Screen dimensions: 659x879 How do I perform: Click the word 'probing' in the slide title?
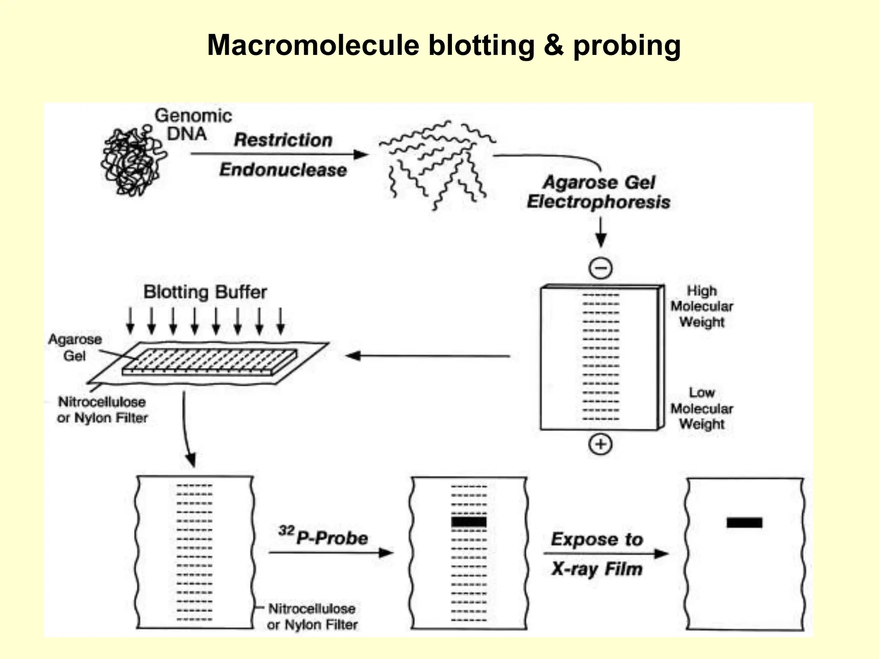pyautogui.click(x=627, y=45)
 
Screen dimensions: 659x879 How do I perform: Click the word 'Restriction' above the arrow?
pyautogui.click(x=283, y=140)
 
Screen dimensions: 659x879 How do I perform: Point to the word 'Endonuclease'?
pyautogui.click(x=283, y=170)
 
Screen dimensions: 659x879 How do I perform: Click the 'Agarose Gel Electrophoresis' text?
pyautogui.click(x=598, y=192)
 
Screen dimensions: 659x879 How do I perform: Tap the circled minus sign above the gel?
pyautogui.click(x=600, y=268)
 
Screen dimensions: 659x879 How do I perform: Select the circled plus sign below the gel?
pyautogui.click(x=600, y=444)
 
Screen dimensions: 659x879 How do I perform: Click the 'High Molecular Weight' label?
pyautogui.click(x=701, y=306)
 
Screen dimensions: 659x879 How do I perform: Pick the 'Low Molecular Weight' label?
pyautogui.click(x=701, y=408)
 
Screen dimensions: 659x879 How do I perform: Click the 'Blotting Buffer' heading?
pyautogui.click(x=205, y=292)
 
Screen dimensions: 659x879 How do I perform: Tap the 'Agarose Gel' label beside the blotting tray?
pyautogui.click(x=75, y=347)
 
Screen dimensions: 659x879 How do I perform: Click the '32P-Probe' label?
pyautogui.click(x=324, y=537)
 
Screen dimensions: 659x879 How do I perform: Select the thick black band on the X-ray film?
pyautogui.click(x=744, y=522)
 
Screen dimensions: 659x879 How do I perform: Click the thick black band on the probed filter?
pyautogui.click(x=469, y=522)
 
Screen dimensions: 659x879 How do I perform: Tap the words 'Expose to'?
pyautogui.click(x=597, y=539)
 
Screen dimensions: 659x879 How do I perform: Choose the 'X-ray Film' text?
pyautogui.click(x=597, y=569)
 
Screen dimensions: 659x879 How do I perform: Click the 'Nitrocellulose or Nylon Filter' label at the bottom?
pyautogui.click(x=312, y=617)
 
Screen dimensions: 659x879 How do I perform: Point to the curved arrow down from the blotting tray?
pyautogui.click(x=186, y=429)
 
